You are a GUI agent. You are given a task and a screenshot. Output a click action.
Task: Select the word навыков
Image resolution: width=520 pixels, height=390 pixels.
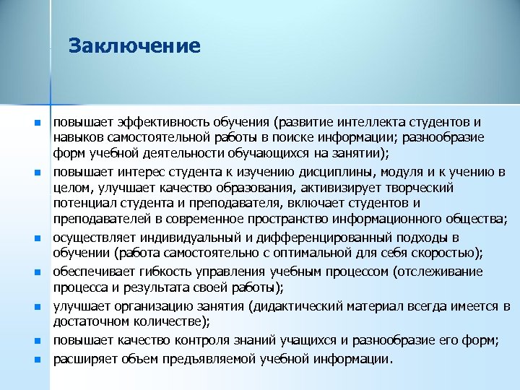coord(79,137)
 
